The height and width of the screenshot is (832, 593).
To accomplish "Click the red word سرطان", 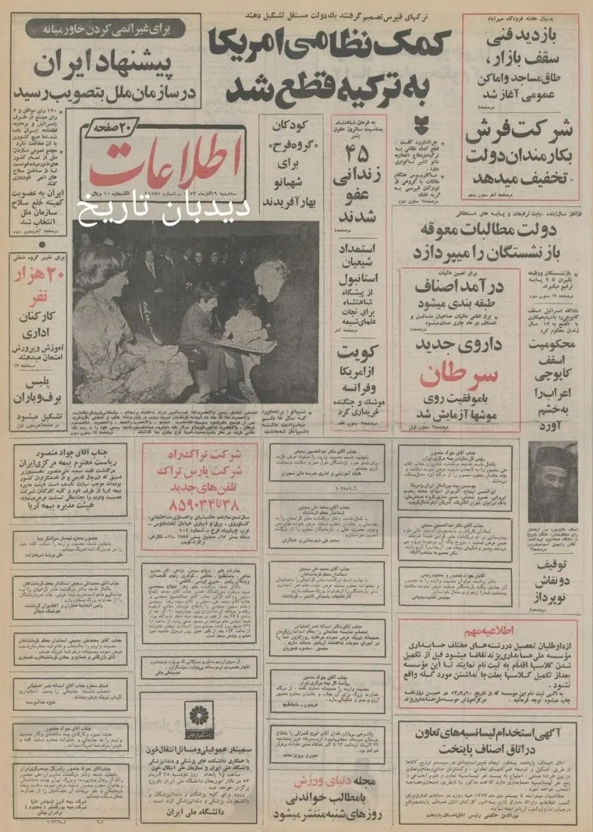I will point(459,375).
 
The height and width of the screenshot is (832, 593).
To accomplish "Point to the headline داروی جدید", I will point(460,343).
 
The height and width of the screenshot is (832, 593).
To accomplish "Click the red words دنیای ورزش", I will point(315,781).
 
